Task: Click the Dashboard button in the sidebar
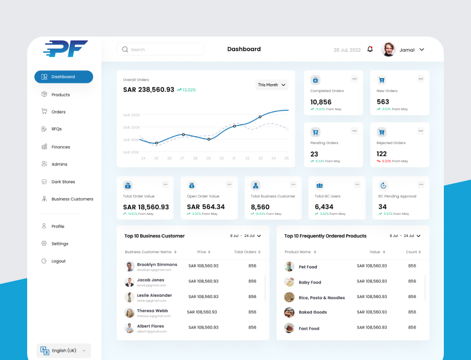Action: (x=63, y=77)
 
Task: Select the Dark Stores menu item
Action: (x=63, y=182)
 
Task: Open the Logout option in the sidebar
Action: (x=58, y=261)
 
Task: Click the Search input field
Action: (x=161, y=49)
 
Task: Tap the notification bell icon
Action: (x=370, y=49)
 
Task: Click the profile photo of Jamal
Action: (x=389, y=49)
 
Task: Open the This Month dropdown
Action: (x=272, y=85)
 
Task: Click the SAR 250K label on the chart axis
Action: (x=131, y=115)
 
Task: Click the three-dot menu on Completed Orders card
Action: (x=355, y=79)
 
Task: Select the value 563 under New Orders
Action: (x=383, y=102)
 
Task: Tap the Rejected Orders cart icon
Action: (x=381, y=132)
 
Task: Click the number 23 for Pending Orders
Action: (x=314, y=154)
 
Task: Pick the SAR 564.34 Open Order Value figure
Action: (x=206, y=207)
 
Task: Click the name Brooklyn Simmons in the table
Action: (x=157, y=265)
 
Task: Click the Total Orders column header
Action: (x=245, y=252)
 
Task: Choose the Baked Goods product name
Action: (x=313, y=312)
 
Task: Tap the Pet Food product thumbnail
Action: (x=289, y=266)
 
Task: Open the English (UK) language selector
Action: (x=64, y=351)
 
